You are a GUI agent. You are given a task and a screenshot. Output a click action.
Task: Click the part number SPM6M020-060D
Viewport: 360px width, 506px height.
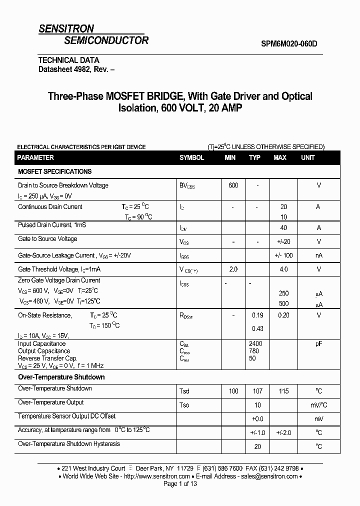[289, 43]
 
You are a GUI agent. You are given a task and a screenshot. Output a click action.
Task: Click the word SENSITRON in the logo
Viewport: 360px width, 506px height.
[66, 29]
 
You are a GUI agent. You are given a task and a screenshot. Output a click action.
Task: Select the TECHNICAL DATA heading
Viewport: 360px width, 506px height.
[69, 60]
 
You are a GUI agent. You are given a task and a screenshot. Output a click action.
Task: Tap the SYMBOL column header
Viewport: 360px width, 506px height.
[192, 157]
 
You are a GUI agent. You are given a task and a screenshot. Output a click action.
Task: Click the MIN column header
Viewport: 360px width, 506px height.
[230, 157]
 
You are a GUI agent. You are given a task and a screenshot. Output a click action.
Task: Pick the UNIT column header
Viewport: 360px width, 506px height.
[308, 157]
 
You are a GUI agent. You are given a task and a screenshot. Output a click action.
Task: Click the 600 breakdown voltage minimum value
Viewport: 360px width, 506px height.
[233, 185]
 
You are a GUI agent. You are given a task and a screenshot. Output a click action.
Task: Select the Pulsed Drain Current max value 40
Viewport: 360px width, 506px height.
[283, 227]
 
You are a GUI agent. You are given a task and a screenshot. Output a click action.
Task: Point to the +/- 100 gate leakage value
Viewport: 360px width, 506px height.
[283, 255]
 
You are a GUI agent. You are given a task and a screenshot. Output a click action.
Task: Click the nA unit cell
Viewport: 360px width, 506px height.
[318, 255]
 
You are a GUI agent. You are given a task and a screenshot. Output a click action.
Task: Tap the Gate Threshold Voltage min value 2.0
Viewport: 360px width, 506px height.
[233, 269]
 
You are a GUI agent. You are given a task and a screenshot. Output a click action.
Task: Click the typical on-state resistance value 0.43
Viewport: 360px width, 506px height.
[257, 328]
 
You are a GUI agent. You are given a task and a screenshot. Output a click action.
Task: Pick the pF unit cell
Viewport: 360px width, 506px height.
[318, 344]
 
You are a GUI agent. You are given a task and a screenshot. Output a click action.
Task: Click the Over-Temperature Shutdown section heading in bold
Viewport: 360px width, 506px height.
[61, 377]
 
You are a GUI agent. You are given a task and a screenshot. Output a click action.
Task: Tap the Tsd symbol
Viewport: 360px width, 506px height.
[184, 391]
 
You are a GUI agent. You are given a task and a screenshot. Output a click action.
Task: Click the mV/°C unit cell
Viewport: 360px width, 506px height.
[318, 405]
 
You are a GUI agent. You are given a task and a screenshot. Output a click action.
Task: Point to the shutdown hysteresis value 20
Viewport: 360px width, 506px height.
[257, 446]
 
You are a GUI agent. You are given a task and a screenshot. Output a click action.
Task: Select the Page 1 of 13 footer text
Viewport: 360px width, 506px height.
[180, 484]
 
